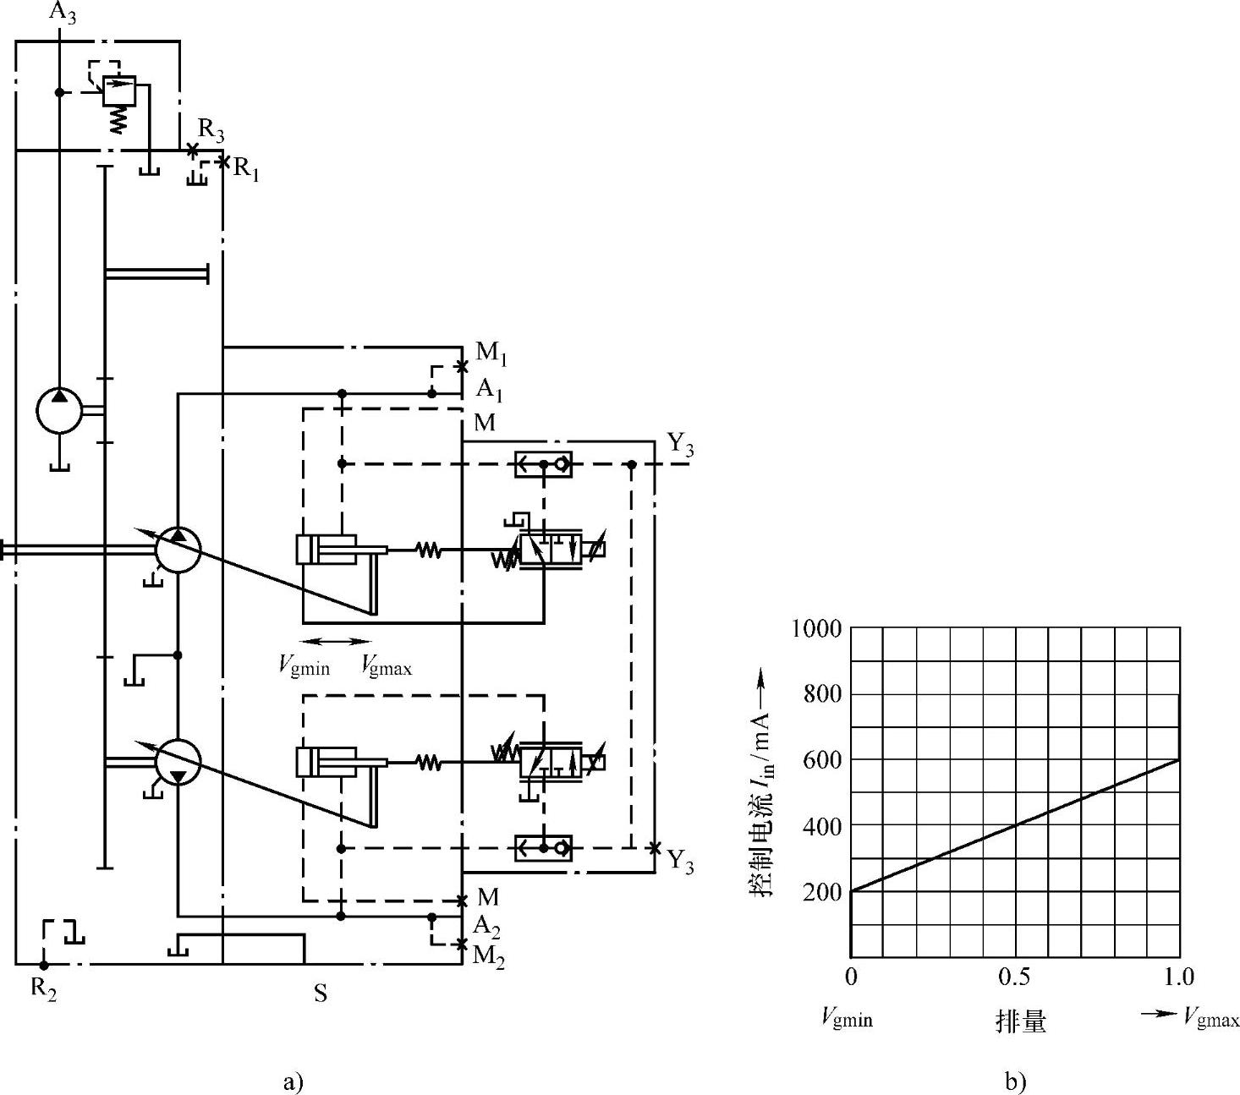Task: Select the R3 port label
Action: pos(211,131)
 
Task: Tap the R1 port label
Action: pos(246,169)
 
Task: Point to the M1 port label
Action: pos(491,353)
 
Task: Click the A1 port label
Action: pos(489,391)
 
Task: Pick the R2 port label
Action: pos(44,989)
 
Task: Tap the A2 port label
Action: pos(487,928)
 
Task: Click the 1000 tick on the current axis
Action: pos(816,629)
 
